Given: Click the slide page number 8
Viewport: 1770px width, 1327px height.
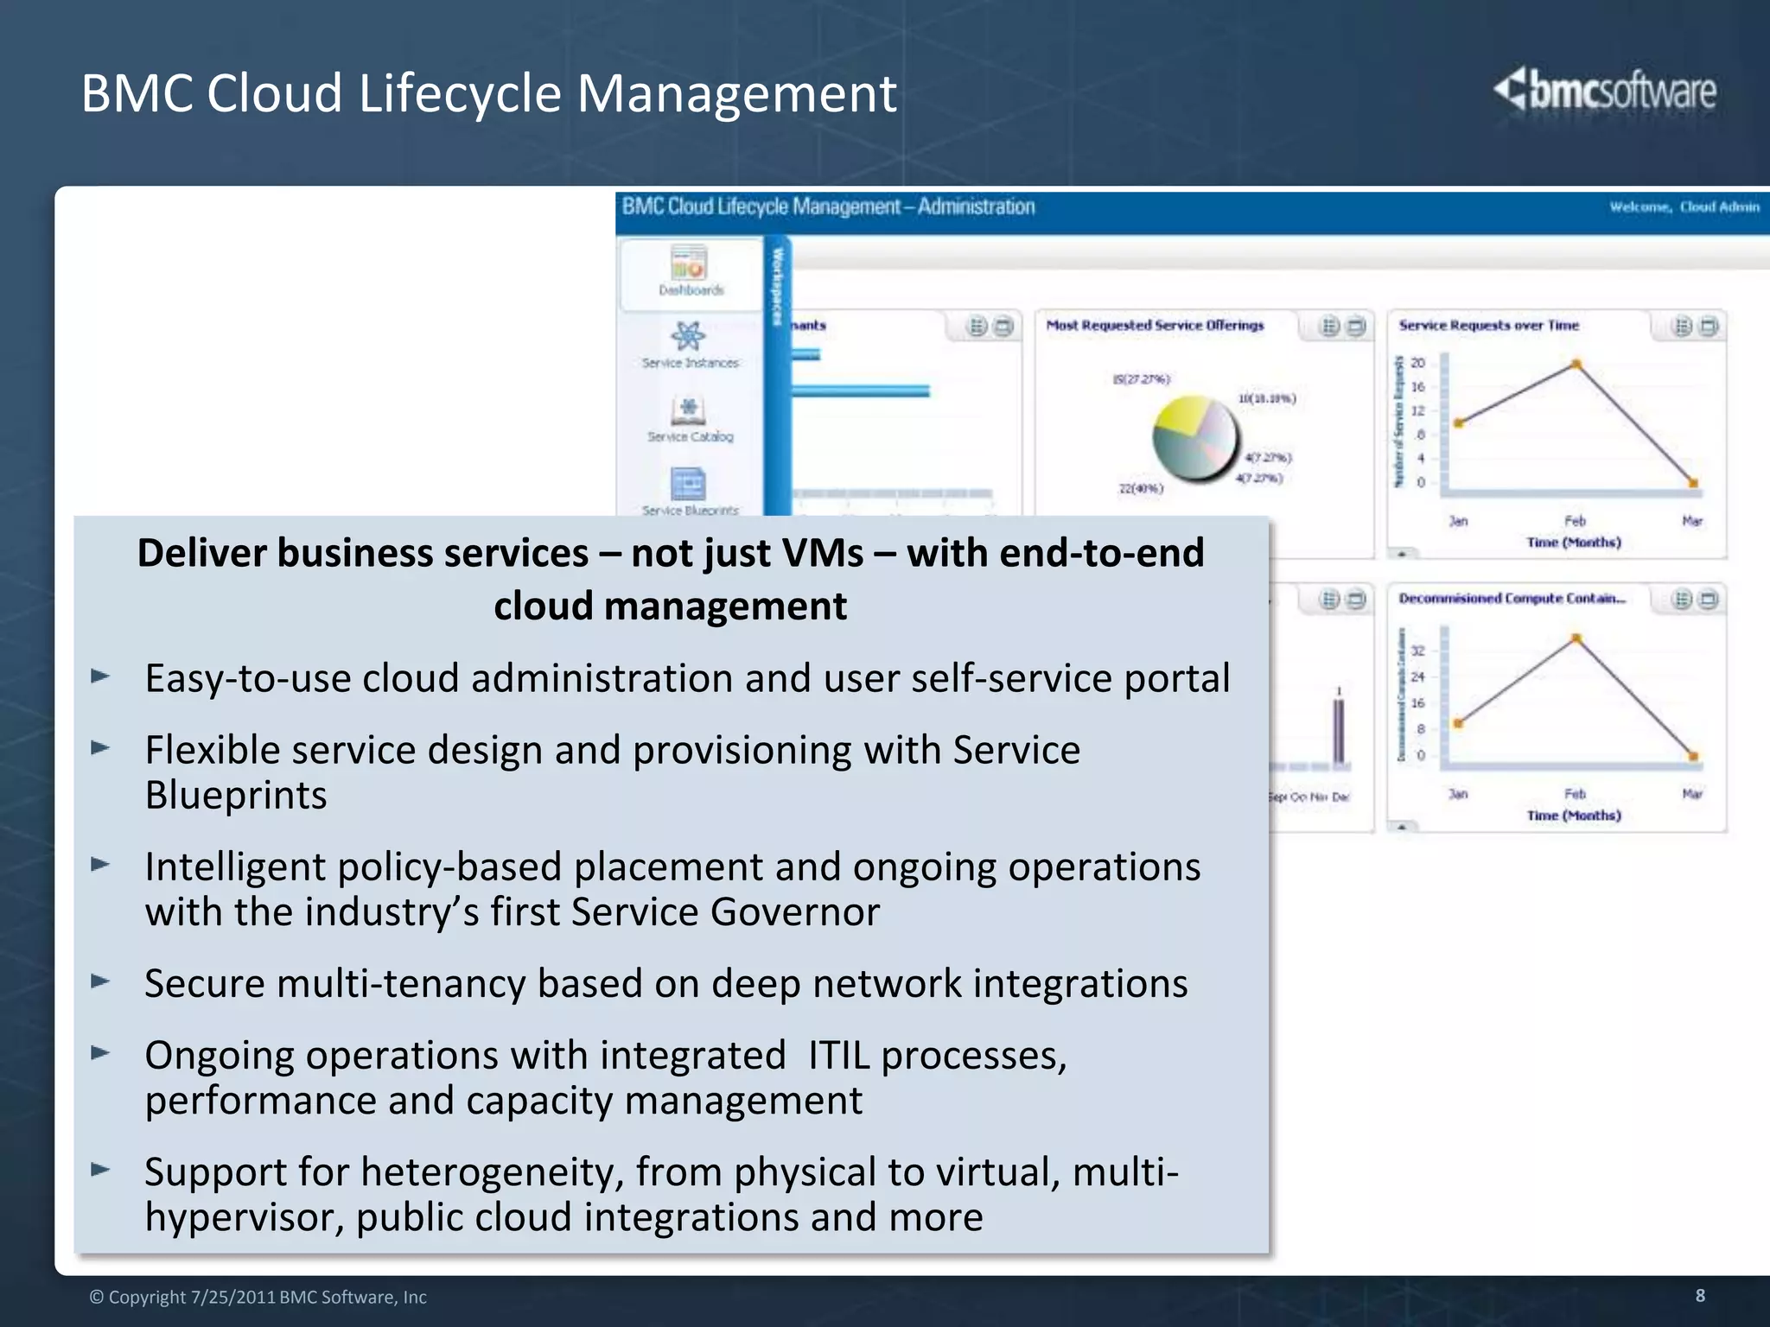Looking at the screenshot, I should point(1700,1295).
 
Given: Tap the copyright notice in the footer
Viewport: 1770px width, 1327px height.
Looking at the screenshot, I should point(258,1297).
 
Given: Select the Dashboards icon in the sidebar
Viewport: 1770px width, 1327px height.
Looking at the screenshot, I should point(690,263).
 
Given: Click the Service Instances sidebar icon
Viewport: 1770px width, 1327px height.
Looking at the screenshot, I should point(688,336).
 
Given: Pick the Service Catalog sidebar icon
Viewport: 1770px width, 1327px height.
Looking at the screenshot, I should point(688,410).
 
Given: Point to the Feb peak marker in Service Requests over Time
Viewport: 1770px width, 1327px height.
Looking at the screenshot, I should point(1576,365).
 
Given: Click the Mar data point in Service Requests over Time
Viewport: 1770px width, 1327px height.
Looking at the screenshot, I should point(1693,483).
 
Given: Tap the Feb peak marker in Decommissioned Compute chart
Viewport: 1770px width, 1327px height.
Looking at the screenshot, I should point(1576,638).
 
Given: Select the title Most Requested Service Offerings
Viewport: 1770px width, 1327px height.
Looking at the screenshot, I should point(1155,326).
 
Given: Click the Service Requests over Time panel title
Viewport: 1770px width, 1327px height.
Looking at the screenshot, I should point(1488,326).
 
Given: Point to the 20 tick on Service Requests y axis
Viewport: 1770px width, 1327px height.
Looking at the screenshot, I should point(1417,363).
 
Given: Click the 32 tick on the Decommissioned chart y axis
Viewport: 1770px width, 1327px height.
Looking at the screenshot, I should point(1417,651).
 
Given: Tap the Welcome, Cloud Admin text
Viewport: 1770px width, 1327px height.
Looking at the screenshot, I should point(1684,206).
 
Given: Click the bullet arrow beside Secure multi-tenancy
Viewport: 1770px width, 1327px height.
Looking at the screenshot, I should point(101,981).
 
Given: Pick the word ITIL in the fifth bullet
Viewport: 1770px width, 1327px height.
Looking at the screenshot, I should point(838,1055).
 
